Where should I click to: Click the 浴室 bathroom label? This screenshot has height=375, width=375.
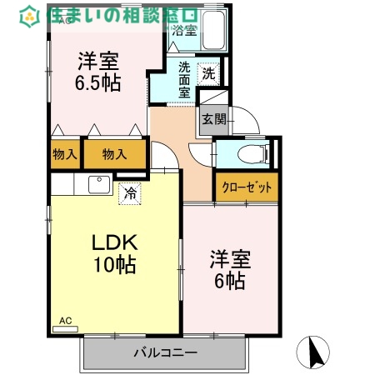point(184,31)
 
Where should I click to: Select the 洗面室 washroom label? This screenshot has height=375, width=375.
point(183,80)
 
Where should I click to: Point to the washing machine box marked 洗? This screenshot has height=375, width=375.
point(209,73)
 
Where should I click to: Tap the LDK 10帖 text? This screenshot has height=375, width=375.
point(113,254)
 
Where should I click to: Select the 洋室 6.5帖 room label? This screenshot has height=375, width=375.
point(99,72)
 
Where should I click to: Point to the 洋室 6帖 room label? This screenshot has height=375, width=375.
point(227,270)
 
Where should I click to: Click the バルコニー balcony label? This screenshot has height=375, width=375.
point(165,352)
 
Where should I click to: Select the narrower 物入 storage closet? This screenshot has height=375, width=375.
point(64,154)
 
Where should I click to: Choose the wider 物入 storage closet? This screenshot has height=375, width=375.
point(114,154)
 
